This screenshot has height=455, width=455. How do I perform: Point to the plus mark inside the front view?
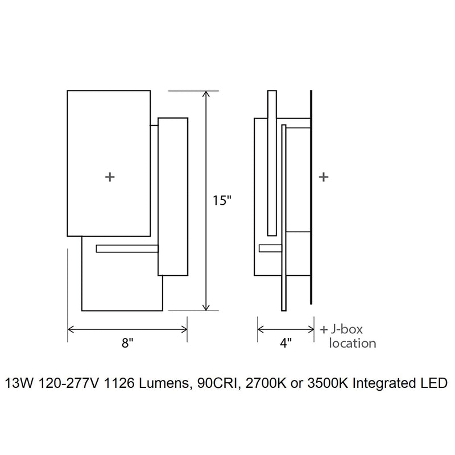[110, 177]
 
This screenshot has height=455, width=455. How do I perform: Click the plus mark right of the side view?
[324, 177]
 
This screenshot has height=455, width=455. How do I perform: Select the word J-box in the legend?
[346, 329]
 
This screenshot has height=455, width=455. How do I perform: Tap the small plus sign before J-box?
[324, 329]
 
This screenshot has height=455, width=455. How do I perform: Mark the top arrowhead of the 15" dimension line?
[206, 93]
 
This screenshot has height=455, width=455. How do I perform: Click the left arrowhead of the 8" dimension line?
[71, 328]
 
